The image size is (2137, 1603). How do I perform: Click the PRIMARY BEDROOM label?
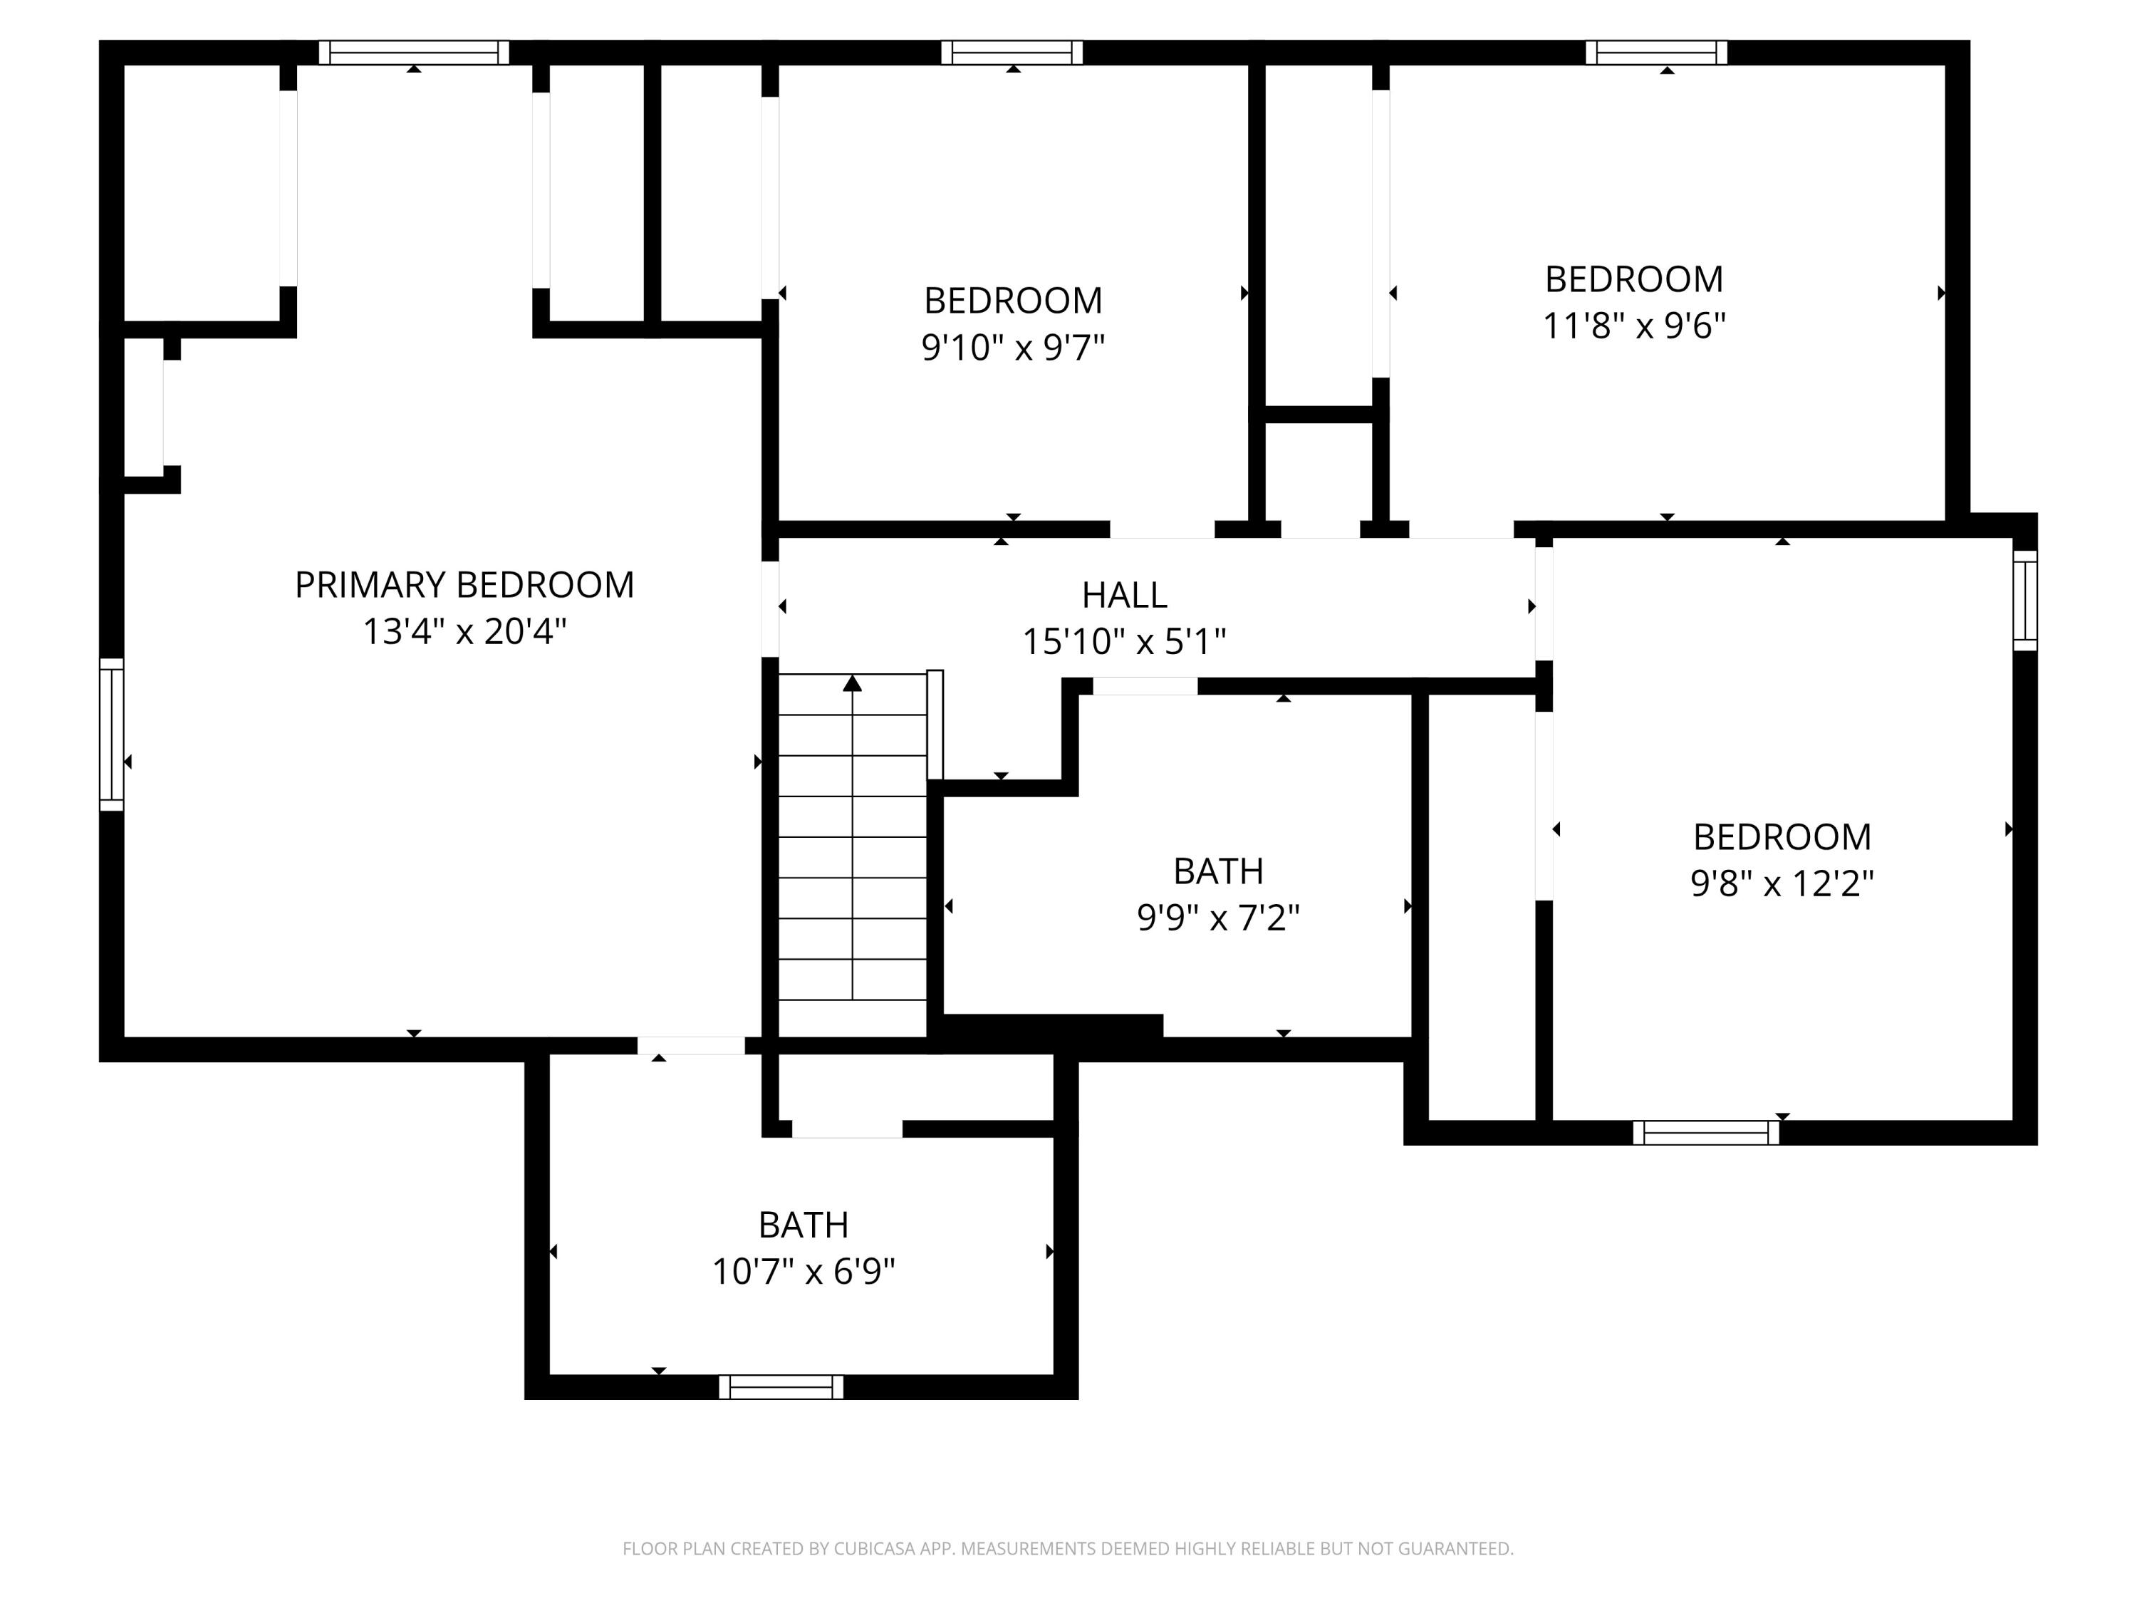pyautogui.click(x=464, y=585)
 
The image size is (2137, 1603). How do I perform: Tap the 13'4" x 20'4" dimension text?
pyautogui.click(x=464, y=632)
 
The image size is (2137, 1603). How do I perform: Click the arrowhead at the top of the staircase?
pyautogui.click(x=851, y=683)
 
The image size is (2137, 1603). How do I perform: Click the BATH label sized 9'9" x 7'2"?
pyautogui.click(x=1217, y=871)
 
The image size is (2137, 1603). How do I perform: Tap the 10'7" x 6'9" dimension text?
pyautogui.click(x=803, y=1272)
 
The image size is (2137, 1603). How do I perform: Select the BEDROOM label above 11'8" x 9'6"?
pyautogui.click(x=1633, y=279)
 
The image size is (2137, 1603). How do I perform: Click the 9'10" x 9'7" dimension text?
pyautogui.click(x=1012, y=347)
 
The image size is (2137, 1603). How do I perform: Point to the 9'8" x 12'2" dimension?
pyautogui.click(x=1782, y=883)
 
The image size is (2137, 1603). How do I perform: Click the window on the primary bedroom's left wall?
pyautogui.click(x=112, y=735)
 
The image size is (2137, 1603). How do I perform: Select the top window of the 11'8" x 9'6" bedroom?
pyautogui.click(x=1656, y=52)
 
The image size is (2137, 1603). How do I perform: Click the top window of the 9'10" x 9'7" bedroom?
pyautogui.click(x=1012, y=52)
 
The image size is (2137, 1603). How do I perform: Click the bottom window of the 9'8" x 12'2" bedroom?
pyautogui.click(x=1705, y=1133)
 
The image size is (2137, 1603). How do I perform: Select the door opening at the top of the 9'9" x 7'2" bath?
pyautogui.click(x=1145, y=686)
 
